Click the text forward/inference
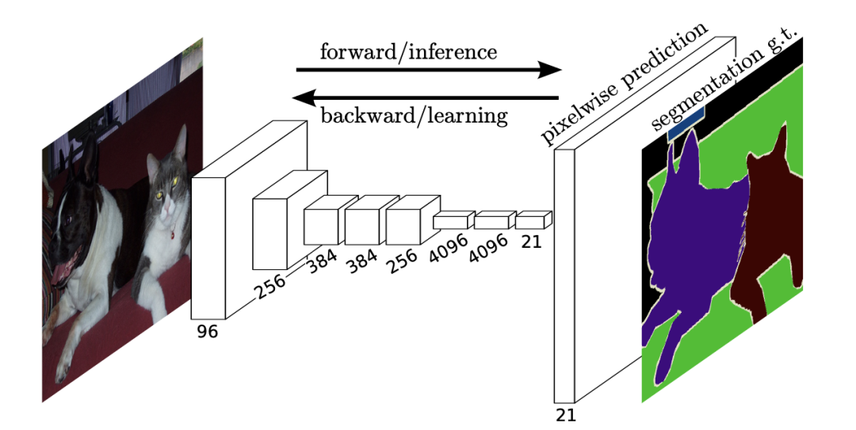pos(408,52)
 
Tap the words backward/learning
pos(414,116)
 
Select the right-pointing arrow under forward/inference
pos(428,70)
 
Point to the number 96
pos(207,331)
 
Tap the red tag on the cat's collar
pos(172,235)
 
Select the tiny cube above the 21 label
pos(532,219)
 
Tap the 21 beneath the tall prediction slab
pos(566,415)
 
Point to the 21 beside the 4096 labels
pos(532,242)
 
